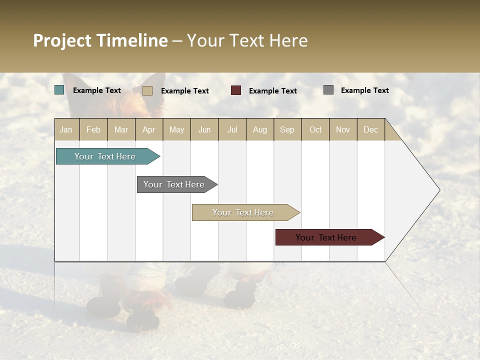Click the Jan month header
coord(66,129)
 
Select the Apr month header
coord(149,129)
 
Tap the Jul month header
coord(232,129)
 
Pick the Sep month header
coord(287,129)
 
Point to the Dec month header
coord(370,129)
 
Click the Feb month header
coord(93,129)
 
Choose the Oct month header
coord(315,129)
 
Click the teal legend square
coord(59,90)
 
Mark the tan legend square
coord(147,90)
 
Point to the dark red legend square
coord(236,90)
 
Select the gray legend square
coord(328,90)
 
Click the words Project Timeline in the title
coord(100,40)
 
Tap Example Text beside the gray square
coord(364,90)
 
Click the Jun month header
coord(204,129)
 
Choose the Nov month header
coord(343,129)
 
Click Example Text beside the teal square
coord(97,90)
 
